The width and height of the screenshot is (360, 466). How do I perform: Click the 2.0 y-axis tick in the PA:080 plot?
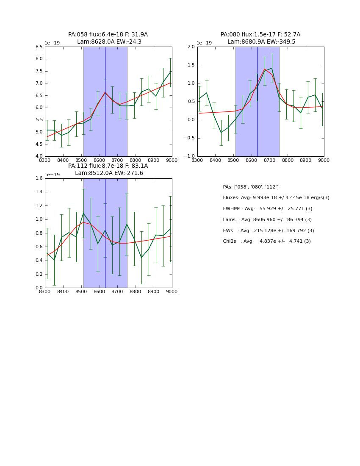pyautogui.click(x=191, y=47)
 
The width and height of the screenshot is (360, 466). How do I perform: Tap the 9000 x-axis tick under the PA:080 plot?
pyautogui.click(x=324, y=161)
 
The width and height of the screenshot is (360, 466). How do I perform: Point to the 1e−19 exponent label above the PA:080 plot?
pyautogui.click(x=204, y=43)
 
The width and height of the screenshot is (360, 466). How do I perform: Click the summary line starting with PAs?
pyautogui.click(x=251, y=187)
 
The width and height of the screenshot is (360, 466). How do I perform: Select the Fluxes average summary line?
pyautogui.click(x=276, y=198)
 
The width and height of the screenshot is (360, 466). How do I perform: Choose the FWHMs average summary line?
pyautogui.click(x=267, y=209)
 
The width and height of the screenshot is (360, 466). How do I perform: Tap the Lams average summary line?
pyautogui.click(x=267, y=220)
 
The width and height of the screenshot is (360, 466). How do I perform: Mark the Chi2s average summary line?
pyautogui.click(x=266, y=241)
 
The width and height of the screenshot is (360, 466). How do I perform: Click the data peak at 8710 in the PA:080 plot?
pyautogui.click(x=272, y=68)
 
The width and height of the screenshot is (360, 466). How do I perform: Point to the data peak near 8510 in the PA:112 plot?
pyautogui.click(x=83, y=213)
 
